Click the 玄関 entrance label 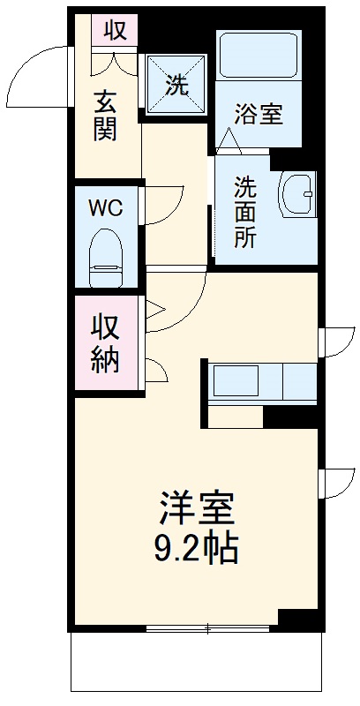[x=105, y=115]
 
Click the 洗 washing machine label [x=176, y=85]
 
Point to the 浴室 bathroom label [x=259, y=114]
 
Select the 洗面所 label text [x=245, y=212]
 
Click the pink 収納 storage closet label [x=106, y=344]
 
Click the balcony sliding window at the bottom [x=208, y=629]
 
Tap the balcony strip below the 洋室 [x=196, y=666]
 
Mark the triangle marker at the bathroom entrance [x=229, y=139]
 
